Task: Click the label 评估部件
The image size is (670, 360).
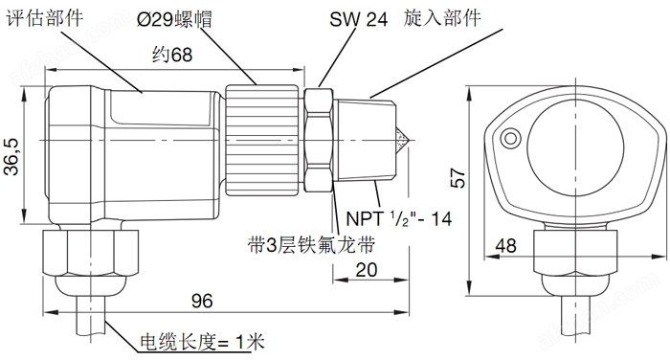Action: (x=44, y=18)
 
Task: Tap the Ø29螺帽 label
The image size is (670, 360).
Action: (x=175, y=20)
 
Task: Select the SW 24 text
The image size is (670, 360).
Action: (x=359, y=19)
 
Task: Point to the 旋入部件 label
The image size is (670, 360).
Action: (x=442, y=17)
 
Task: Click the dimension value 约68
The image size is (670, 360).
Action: (x=172, y=55)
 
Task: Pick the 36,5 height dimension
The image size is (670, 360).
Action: (x=11, y=156)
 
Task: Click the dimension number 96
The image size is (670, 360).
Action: (x=202, y=301)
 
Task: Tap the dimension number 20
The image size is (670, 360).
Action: (x=367, y=270)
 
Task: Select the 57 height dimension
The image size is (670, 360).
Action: (x=458, y=178)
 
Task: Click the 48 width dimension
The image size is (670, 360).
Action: (x=506, y=246)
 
